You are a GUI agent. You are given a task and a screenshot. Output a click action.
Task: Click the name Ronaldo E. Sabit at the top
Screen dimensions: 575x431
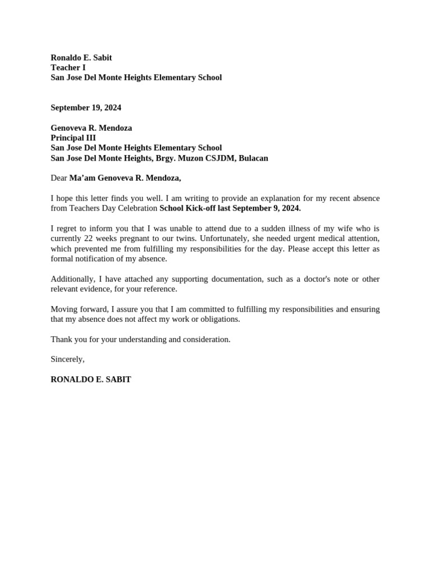point(81,57)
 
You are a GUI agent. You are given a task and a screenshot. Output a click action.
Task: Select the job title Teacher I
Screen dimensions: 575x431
point(68,67)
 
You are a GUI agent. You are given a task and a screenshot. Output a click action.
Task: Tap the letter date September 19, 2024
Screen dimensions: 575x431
point(86,107)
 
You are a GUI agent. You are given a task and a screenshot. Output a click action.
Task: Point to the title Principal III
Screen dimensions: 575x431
point(73,138)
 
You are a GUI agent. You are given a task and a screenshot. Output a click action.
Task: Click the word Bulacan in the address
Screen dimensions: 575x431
point(253,158)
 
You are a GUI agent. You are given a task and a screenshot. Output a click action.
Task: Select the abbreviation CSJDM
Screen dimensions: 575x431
point(219,158)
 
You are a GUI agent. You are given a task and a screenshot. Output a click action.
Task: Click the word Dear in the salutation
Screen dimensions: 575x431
point(59,178)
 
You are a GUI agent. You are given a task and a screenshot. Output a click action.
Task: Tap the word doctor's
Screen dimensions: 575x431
point(310,279)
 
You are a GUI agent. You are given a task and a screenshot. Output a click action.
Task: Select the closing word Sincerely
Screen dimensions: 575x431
point(67,359)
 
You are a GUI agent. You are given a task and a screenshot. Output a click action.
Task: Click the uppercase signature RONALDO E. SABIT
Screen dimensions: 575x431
point(91,380)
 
